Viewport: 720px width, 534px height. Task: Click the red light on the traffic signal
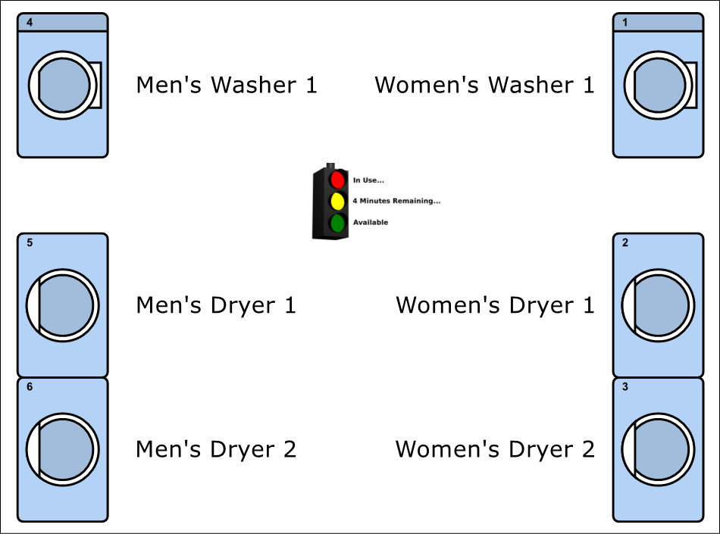[x=337, y=180]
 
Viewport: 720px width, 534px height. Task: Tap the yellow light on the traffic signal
[x=337, y=201]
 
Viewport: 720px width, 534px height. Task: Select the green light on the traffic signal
[x=337, y=223]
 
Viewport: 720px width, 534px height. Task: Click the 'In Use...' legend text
[x=368, y=180]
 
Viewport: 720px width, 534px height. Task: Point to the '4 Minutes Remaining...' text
[x=396, y=201]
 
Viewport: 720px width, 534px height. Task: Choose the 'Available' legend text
[x=371, y=223]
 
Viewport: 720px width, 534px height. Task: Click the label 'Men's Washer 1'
[x=227, y=85]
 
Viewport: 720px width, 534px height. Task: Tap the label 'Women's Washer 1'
[x=484, y=85]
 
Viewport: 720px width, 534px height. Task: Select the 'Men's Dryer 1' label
[x=216, y=305]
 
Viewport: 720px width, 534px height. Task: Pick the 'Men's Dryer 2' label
[x=216, y=450]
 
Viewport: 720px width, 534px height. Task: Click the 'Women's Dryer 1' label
[x=495, y=305]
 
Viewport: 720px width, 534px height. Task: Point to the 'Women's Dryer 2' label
[x=495, y=450]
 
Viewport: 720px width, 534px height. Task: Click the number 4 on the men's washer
[x=30, y=23]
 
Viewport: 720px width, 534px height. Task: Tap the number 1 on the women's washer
[x=625, y=23]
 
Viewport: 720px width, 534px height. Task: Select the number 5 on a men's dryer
[x=30, y=242]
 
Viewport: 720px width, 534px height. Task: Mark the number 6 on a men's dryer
[x=30, y=387]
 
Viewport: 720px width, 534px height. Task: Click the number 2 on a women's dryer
[x=625, y=242]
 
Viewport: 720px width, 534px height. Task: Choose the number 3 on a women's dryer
[x=625, y=387]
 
